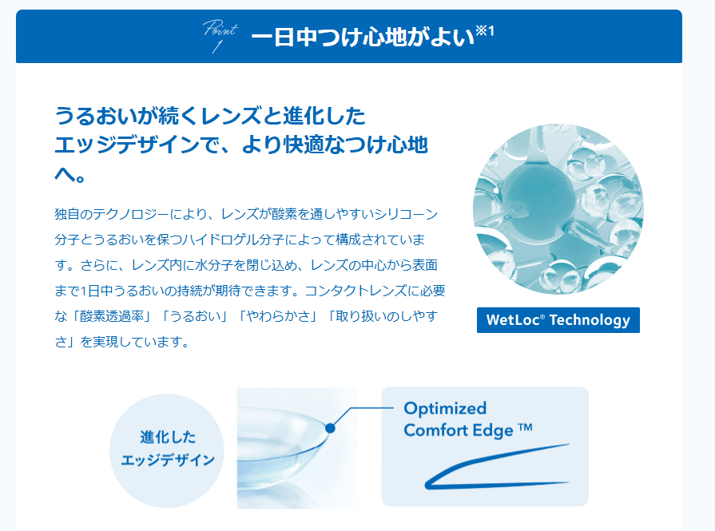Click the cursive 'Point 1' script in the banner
tap(220, 36)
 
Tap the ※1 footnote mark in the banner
tap(485, 31)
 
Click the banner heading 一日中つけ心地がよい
tap(363, 37)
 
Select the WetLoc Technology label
tap(558, 320)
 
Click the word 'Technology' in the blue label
tap(590, 320)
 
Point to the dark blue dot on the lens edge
tap(331, 428)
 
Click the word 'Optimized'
tap(445, 409)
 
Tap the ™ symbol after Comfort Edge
tap(526, 427)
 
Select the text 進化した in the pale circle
tap(168, 437)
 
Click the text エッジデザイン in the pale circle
tap(168, 460)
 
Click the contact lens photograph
tap(297, 448)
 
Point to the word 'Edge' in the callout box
tap(492, 431)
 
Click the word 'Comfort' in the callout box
tap(436, 430)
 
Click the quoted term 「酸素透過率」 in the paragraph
tap(112, 316)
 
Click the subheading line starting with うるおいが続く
tap(210, 116)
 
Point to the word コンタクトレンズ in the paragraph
tap(356, 291)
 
